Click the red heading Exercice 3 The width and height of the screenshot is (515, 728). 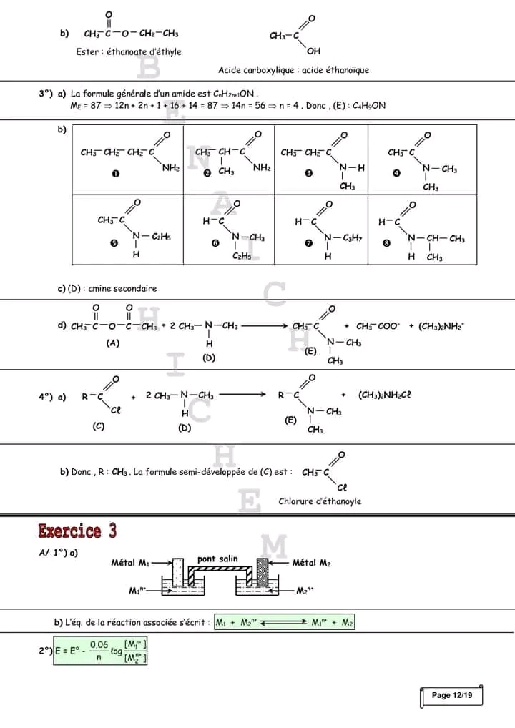(x=77, y=531)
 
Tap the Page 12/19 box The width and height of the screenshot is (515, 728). (x=452, y=695)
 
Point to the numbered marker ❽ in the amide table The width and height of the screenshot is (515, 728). (x=387, y=243)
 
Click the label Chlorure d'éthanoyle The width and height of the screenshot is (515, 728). (x=320, y=501)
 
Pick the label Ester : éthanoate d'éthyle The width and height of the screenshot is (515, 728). (x=129, y=51)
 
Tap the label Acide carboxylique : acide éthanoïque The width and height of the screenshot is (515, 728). (x=293, y=70)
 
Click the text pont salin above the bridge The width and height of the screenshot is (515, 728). (x=217, y=559)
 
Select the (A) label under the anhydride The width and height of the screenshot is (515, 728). (x=112, y=343)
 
